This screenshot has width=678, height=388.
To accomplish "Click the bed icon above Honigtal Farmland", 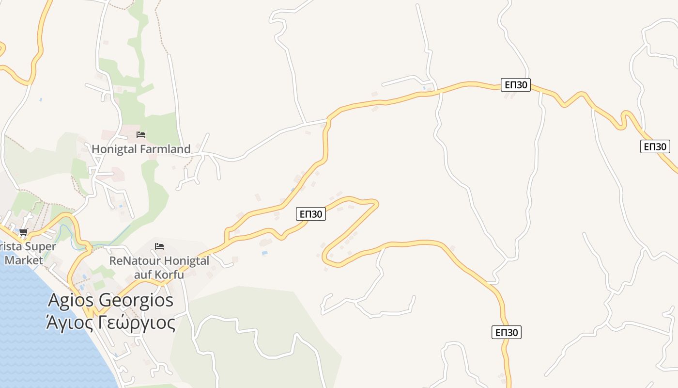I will [x=141, y=134].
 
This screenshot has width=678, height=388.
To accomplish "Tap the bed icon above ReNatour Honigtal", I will [x=159, y=246].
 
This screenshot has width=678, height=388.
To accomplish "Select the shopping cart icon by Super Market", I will [x=24, y=232].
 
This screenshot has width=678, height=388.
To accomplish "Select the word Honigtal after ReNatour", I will [x=185, y=261].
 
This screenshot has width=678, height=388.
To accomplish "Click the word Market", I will [x=24, y=260].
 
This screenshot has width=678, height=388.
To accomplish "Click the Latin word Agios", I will [x=71, y=300].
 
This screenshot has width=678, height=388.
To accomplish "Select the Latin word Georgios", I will [x=136, y=301].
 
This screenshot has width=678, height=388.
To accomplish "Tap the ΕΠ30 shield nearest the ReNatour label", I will [x=310, y=214].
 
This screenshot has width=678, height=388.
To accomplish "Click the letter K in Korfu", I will [x=159, y=275].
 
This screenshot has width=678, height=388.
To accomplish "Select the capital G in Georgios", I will [x=105, y=300].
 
